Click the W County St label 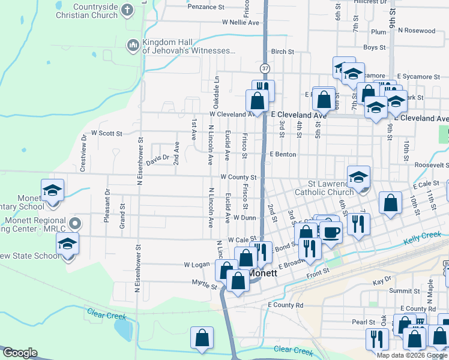point(238,178)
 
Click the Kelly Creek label point(419,239)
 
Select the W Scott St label point(106,133)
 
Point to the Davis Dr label point(158,161)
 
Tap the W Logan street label point(196,265)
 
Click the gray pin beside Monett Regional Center point(75,224)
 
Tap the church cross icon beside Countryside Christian point(127,10)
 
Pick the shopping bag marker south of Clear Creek point(202,338)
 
